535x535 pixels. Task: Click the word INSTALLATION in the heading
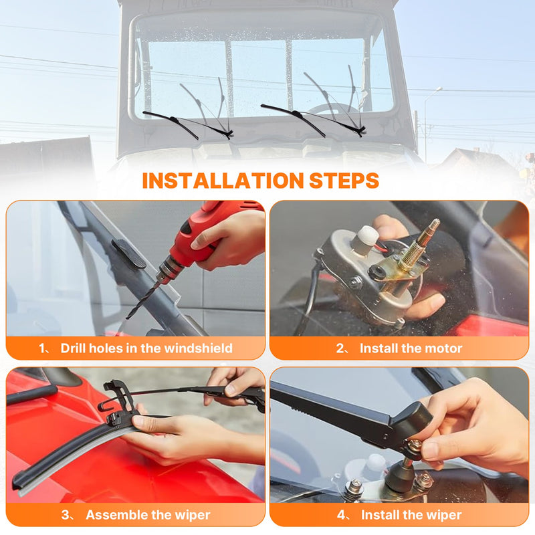pyautogui.click(x=223, y=181)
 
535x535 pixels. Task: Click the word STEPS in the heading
pyautogui.click(x=344, y=181)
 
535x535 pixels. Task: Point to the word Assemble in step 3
pyautogui.click(x=114, y=515)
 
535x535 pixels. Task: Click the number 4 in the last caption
pyautogui.click(x=341, y=515)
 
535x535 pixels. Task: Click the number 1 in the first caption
pyautogui.click(x=42, y=348)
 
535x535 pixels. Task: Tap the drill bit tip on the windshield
pyautogui.click(x=128, y=318)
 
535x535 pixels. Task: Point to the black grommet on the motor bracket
pyautogui.click(x=377, y=272)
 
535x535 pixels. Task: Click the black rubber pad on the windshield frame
pyautogui.click(x=128, y=253)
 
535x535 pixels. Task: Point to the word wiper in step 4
pyautogui.click(x=445, y=515)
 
